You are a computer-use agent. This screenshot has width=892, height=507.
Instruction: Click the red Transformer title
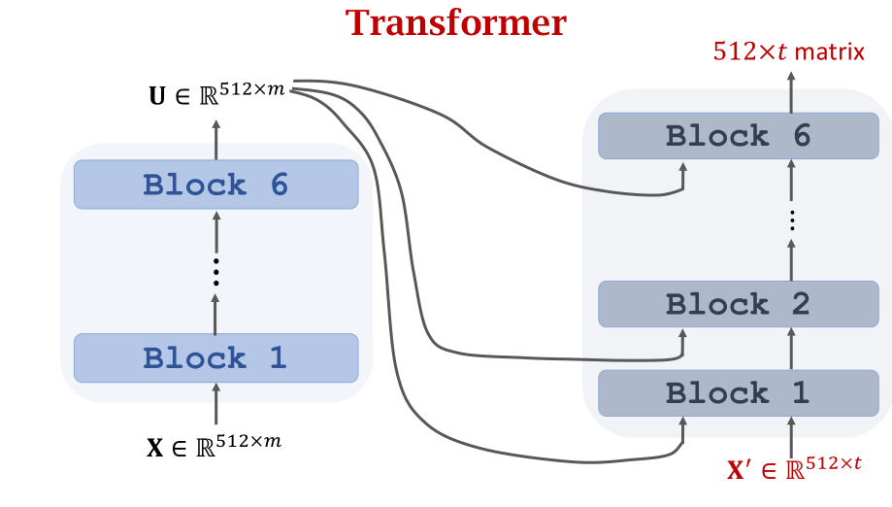click(x=458, y=22)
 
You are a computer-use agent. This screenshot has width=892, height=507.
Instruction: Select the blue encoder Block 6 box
click(x=215, y=184)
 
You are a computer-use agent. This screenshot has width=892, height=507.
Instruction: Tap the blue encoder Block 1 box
click(x=215, y=357)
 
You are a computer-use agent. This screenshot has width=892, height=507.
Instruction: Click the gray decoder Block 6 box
click(x=739, y=136)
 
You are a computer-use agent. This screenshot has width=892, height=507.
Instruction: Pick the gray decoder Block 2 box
click(x=739, y=303)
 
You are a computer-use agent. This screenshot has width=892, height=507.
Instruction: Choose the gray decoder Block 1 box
click(x=739, y=393)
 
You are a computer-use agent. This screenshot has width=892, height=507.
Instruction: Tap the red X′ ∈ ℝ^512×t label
click(x=794, y=469)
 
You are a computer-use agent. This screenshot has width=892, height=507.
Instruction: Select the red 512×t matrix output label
click(x=788, y=51)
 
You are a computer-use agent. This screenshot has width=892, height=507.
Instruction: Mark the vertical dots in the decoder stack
click(x=792, y=220)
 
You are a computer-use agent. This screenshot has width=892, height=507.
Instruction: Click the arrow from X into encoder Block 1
click(x=215, y=406)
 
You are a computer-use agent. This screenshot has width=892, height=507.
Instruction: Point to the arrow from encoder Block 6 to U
click(x=215, y=139)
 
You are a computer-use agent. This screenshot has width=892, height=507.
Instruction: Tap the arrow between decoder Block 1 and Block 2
click(x=792, y=348)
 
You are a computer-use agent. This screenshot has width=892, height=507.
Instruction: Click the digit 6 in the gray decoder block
click(x=799, y=136)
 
